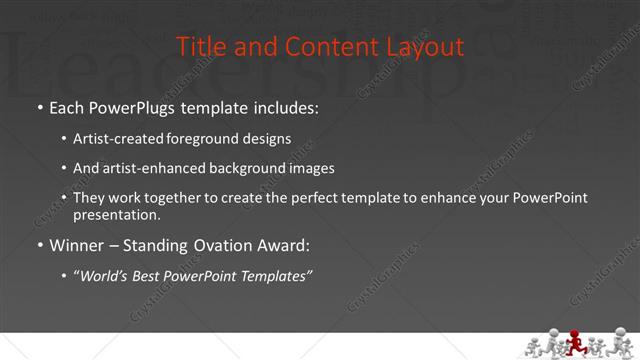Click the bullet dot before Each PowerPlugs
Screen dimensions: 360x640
pyautogui.click(x=39, y=106)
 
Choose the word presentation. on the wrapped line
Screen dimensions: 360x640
pyautogui.click(x=117, y=215)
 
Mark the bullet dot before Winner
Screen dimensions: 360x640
pyautogui.click(x=39, y=244)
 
